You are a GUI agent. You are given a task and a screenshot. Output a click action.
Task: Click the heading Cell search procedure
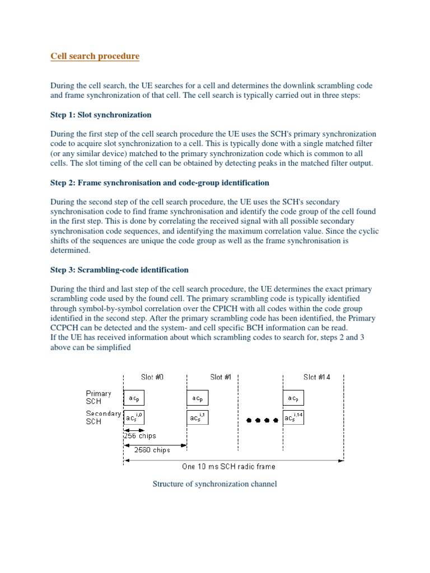(x=95, y=57)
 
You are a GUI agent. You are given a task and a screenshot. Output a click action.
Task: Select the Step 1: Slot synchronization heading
(x=101, y=115)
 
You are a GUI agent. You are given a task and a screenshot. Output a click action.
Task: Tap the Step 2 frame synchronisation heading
(x=160, y=183)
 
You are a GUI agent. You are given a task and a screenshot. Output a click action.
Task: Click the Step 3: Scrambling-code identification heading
(x=119, y=270)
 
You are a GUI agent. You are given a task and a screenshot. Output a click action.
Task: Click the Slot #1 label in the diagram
(x=221, y=377)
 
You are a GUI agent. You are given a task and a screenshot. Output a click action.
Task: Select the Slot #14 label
(x=317, y=377)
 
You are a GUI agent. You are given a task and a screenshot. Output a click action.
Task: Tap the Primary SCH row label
(x=99, y=398)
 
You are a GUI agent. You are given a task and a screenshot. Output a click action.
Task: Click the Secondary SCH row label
(x=102, y=417)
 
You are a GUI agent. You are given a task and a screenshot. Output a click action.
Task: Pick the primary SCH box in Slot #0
(x=134, y=398)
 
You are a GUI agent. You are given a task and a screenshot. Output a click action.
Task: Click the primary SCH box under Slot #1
(x=197, y=398)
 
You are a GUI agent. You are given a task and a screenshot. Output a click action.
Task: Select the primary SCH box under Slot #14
(x=293, y=398)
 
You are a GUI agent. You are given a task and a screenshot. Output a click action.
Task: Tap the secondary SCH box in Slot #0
(x=134, y=417)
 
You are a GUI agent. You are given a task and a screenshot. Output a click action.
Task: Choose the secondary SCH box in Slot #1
(x=197, y=417)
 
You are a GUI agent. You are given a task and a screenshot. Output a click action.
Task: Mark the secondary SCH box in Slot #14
(x=293, y=417)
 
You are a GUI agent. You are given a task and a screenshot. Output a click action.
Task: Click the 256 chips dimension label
(x=140, y=436)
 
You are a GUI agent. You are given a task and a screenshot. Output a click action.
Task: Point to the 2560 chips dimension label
(x=152, y=449)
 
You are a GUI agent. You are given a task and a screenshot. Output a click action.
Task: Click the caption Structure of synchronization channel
(x=215, y=483)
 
